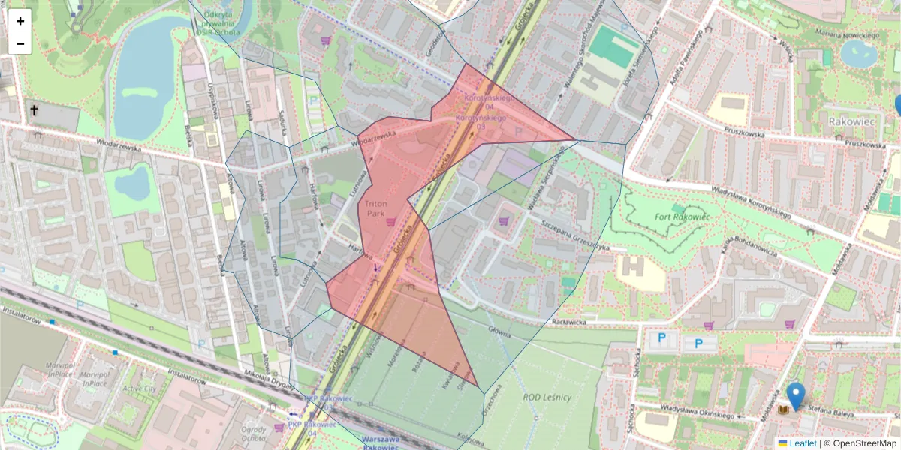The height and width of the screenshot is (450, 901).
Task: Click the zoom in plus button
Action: (x=20, y=21)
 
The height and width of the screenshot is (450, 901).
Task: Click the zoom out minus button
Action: (x=20, y=43)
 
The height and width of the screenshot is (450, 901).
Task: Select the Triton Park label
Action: (x=375, y=208)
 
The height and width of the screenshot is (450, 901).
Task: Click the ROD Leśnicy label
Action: (x=547, y=397)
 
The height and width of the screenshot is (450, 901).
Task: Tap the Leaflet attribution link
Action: (x=802, y=443)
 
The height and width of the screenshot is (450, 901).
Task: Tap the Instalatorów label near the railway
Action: (x=20, y=319)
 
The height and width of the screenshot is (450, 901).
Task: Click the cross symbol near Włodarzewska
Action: (x=34, y=111)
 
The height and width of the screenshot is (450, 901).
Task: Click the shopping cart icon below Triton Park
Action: (x=390, y=222)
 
